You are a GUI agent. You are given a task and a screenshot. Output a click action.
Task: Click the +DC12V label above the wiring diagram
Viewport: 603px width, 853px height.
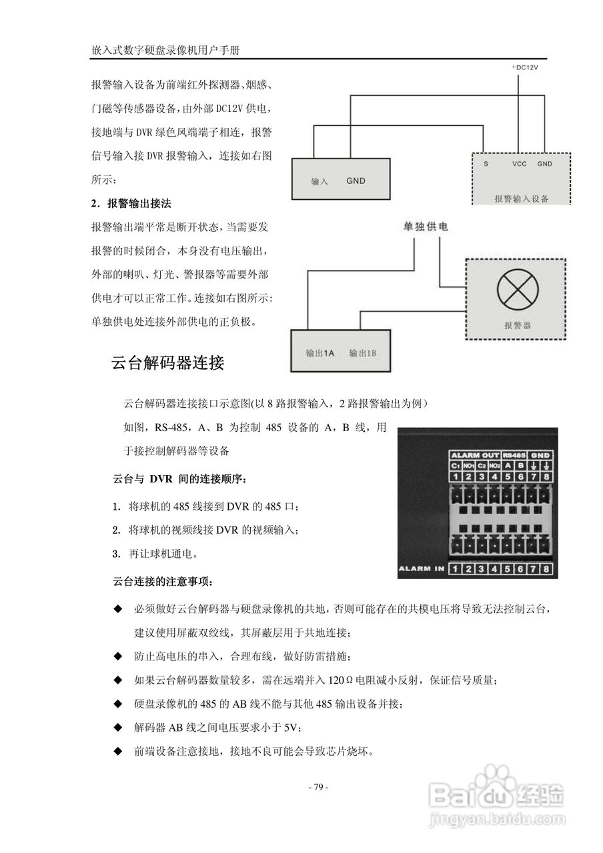click(x=525, y=68)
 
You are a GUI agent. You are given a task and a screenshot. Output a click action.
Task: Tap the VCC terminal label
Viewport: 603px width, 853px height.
click(x=520, y=163)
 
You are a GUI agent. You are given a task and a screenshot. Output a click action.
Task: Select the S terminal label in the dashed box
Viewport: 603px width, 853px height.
click(x=486, y=163)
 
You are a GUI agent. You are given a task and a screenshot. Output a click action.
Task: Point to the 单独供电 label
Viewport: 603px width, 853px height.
click(x=425, y=227)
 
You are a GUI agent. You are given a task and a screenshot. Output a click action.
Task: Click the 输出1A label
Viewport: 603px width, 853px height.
click(x=320, y=353)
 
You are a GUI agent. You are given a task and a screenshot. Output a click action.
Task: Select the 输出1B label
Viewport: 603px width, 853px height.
click(x=363, y=353)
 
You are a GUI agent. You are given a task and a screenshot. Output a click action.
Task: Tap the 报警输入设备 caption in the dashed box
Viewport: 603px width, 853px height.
click(x=521, y=198)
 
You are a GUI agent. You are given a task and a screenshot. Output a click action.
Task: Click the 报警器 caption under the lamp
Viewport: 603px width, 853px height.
click(x=517, y=325)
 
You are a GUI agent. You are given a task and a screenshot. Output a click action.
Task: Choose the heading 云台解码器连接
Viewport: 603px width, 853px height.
click(x=167, y=363)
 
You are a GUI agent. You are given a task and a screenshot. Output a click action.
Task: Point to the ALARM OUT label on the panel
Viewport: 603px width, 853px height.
click(x=476, y=455)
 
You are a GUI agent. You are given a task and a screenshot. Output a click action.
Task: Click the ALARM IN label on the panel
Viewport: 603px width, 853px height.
click(x=421, y=568)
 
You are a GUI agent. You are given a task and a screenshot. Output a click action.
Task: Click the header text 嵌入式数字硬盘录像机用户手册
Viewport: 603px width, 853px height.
click(x=167, y=50)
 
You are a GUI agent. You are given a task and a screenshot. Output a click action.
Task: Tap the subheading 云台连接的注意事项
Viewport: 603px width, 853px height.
click(x=163, y=582)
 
